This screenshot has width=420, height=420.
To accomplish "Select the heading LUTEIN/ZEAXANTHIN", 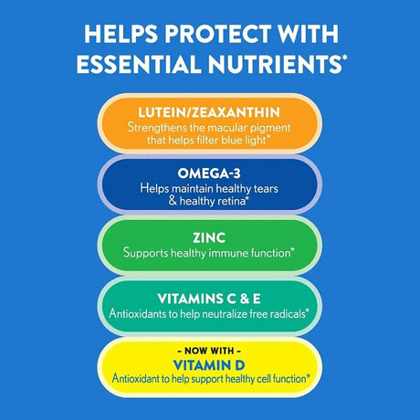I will tap(209, 112).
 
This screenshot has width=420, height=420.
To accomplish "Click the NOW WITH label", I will tap(209, 348).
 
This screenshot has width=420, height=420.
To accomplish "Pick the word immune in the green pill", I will tap(235, 251).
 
